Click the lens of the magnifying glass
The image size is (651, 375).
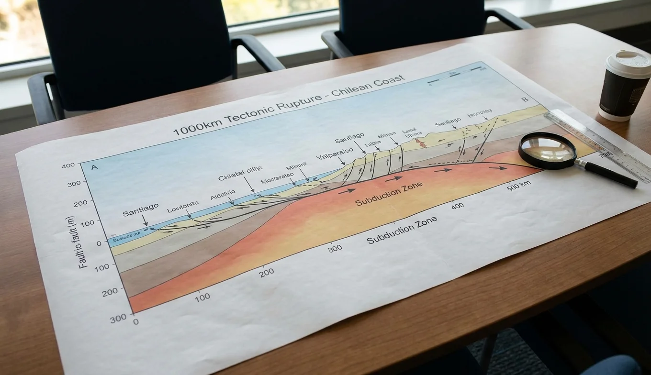(547, 150)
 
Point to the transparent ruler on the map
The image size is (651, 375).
(598, 143)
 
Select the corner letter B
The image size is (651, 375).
(525, 99)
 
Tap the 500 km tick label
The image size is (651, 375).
(519, 187)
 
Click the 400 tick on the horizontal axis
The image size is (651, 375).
(457, 206)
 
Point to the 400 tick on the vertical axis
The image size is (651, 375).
(68, 166)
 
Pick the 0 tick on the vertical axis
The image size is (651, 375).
(99, 243)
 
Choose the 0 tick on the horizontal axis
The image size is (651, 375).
(135, 321)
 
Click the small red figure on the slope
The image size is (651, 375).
(421, 142)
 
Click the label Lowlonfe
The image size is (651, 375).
(182, 207)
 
